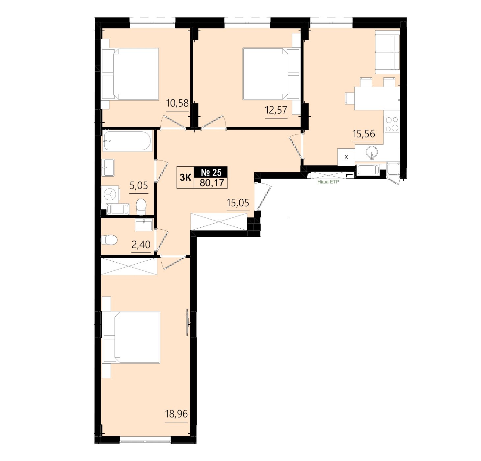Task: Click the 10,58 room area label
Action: (x=177, y=103)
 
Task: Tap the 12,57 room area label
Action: (x=276, y=110)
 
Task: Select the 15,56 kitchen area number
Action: (x=363, y=134)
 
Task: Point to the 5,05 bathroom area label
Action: (x=139, y=185)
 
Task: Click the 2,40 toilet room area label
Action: (x=141, y=245)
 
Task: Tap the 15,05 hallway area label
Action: (x=238, y=203)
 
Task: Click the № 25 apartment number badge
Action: (x=211, y=172)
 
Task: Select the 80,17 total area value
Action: (x=212, y=183)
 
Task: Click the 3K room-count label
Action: (x=186, y=177)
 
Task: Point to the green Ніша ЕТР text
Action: (x=328, y=182)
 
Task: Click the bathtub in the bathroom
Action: (x=127, y=141)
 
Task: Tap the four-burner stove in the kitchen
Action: (x=392, y=124)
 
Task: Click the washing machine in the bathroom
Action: (x=110, y=194)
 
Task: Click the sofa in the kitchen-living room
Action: (x=387, y=52)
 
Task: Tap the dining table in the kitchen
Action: (x=377, y=98)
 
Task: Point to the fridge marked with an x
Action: (x=346, y=157)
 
